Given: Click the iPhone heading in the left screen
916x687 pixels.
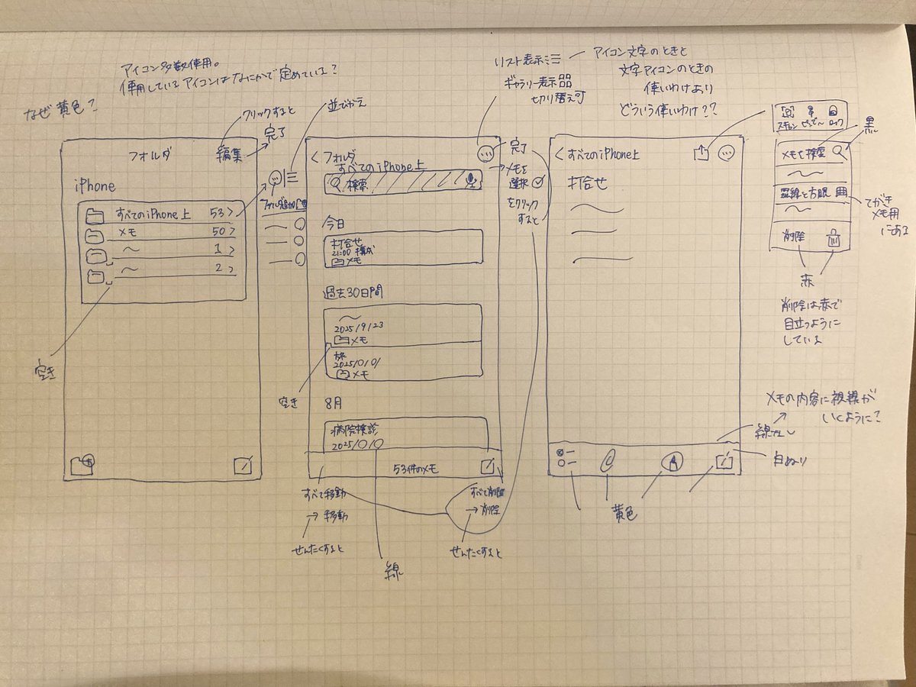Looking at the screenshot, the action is pyautogui.click(x=95, y=185).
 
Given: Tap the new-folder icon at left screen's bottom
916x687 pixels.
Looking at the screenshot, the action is pyautogui.click(x=82, y=463).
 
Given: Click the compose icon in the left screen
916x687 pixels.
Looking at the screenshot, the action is pyautogui.click(x=244, y=464).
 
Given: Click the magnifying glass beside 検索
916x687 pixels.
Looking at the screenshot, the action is pyautogui.click(x=337, y=184).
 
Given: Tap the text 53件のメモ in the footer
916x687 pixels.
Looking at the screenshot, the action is pyautogui.click(x=418, y=468).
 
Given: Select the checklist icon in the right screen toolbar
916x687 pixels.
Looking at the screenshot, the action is pyautogui.click(x=565, y=458).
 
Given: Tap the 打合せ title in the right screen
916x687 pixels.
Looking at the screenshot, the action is pyautogui.click(x=591, y=184).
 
